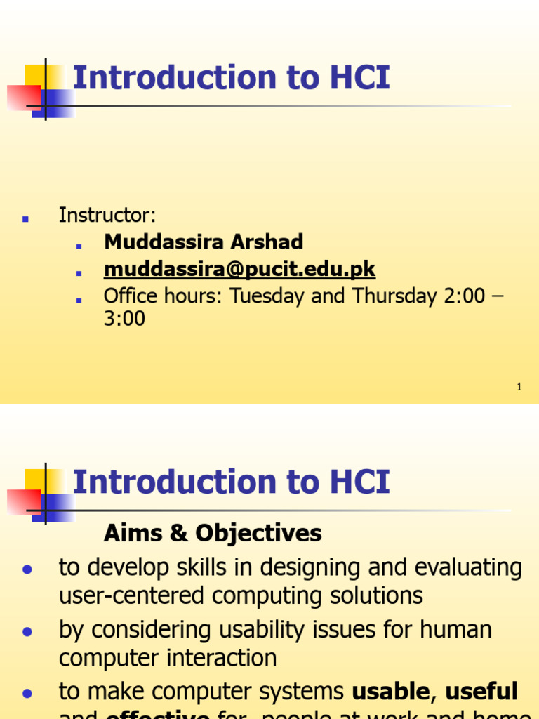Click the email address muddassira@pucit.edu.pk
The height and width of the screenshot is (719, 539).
(239, 269)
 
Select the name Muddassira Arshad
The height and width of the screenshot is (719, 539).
(204, 242)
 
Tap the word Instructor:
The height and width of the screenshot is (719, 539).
(107, 215)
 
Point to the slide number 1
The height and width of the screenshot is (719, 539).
(519, 387)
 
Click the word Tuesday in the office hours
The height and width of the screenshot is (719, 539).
(265, 296)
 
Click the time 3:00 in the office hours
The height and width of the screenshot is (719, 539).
(124, 319)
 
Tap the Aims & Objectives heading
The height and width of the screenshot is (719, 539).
(213, 534)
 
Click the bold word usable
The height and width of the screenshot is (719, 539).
(390, 692)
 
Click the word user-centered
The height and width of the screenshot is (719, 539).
(132, 596)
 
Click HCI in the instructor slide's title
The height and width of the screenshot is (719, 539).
(354, 78)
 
